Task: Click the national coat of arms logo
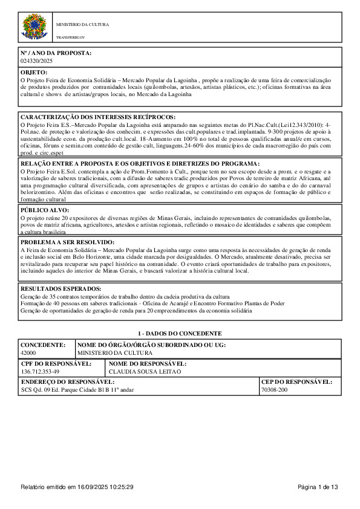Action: [x=34, y=27]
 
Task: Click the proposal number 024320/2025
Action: [x=37, y=61]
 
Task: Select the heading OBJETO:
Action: [x=34, y=72]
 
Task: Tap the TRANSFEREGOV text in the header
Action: [x=69, y=37]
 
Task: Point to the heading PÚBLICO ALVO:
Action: [x=45, y=209]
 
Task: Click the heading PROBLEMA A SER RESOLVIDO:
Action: [x=68, y=242]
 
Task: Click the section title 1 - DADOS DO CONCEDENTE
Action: [x=180, y=333]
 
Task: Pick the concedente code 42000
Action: [x=28, y=352]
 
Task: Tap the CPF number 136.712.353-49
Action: [x=40, y=371]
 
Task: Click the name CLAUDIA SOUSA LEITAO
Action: [x=140, y=371]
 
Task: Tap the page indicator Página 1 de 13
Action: [x=318, y=487]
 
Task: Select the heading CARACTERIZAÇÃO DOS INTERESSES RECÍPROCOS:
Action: [x=98, y=116]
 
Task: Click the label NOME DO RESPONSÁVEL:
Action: [x=147, y=363]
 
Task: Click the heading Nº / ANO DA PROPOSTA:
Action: [x=56, y=53]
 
